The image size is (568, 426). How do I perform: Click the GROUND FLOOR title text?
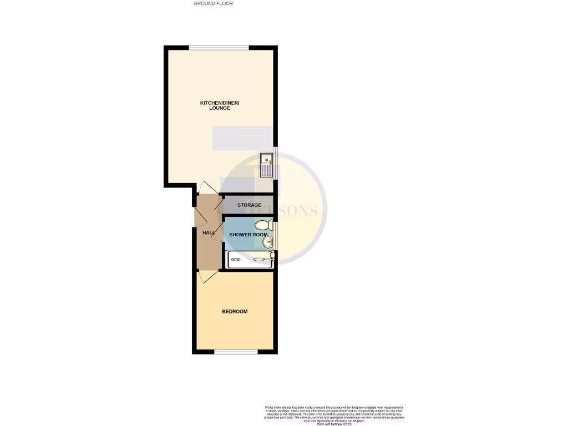213,3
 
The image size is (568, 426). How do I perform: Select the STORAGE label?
249,205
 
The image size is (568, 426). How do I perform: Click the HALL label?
209,232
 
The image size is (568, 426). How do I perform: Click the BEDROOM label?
235,312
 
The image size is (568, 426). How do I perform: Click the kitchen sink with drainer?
267,165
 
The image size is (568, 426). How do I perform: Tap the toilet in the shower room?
264,225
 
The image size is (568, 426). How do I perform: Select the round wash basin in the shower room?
267,242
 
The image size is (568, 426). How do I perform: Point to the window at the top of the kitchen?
219,48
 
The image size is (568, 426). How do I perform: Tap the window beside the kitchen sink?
276,163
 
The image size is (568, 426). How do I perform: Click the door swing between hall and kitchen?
207,188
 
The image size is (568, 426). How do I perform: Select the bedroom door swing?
207,276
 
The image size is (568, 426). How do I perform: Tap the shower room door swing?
217,229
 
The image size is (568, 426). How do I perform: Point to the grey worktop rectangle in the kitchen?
242,138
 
